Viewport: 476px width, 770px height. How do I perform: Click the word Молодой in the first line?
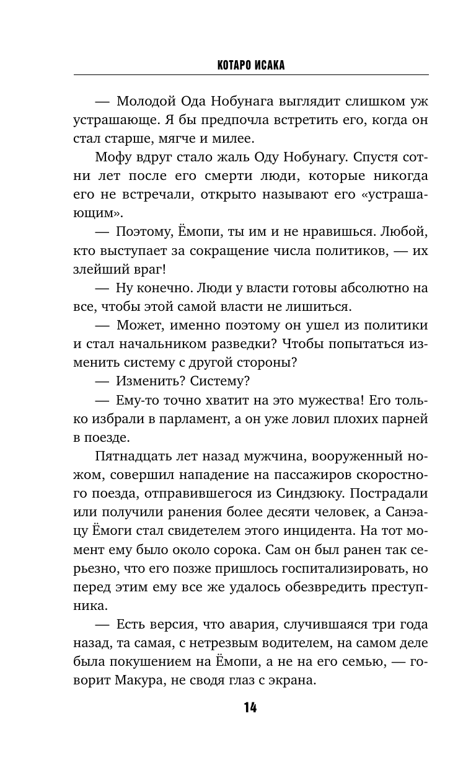[147, 101]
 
